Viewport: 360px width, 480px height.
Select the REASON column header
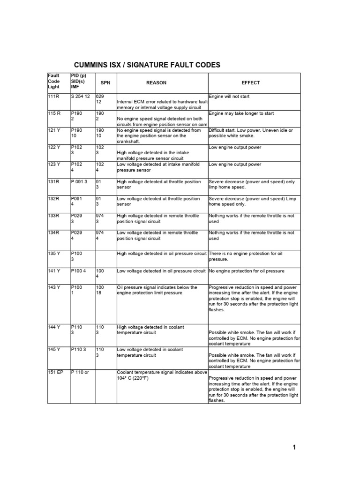[x=156, y=83]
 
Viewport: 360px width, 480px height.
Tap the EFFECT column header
[x=250, y=83]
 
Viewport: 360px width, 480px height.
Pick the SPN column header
[x=105, y=83]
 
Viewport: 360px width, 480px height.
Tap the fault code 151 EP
[x=55, y=373]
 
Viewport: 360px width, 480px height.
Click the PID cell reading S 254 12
[x=80, y=97]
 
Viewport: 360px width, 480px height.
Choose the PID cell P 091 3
[x=80, y=182]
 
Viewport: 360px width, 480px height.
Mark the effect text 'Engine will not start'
[x=229, y=97]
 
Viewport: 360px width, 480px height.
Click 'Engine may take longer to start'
[x=241, y=113]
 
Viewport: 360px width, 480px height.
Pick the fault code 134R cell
[x=54, y=233]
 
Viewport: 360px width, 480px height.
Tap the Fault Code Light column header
[x=54, y=81]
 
